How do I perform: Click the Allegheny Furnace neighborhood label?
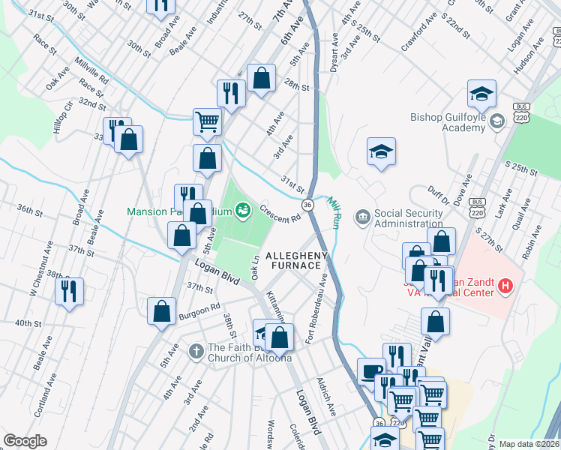(x=294, y=260)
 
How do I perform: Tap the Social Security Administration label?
(x=408, y=218)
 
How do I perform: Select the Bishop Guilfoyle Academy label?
(x=448, y=122)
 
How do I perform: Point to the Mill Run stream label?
(x=334, y=213)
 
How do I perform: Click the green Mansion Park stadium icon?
(x=243, y=211)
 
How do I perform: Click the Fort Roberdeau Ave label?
(x=317, y=308)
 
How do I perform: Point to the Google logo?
(x=25, y=440)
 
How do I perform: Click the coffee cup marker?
(x=371, y=371)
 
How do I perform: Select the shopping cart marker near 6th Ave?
(x=207, y=120)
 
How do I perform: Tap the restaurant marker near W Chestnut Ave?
(x=70, y=290)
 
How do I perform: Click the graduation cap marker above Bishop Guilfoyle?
(x=481, y=93)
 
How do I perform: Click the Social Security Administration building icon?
(x=362, y=217)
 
